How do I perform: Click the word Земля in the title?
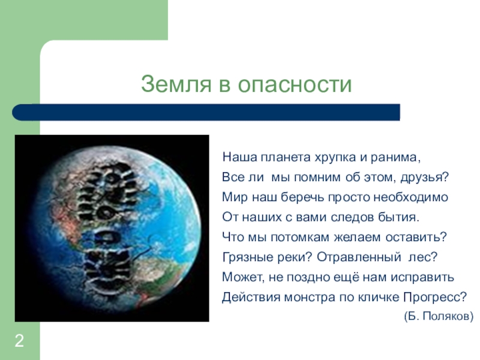176,83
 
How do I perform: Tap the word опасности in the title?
295,84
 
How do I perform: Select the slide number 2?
19,341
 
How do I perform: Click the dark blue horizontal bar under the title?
206,112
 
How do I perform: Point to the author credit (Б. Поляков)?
439,316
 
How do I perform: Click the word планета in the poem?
286,157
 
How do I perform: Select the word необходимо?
411,197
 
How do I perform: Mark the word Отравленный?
359,257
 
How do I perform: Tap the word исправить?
422,277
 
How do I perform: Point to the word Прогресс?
434,297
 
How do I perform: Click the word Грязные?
248,257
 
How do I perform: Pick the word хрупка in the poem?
335,158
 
